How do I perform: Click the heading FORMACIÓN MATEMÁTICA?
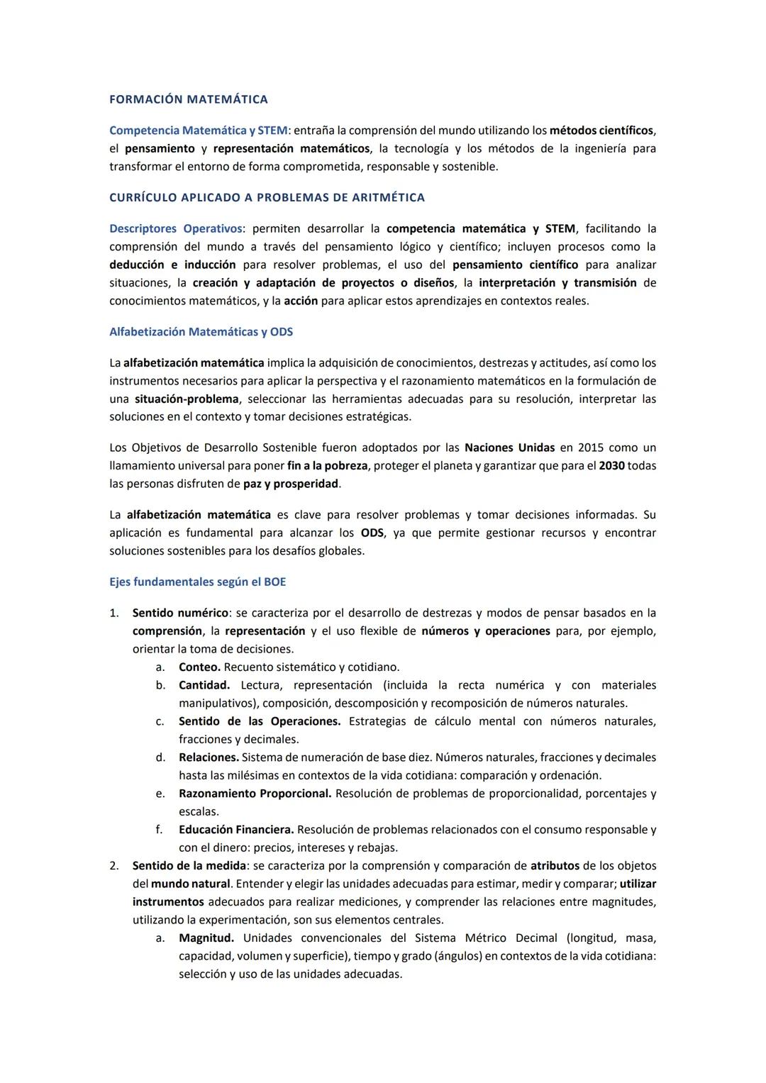188,99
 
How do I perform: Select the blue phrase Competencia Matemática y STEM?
198,130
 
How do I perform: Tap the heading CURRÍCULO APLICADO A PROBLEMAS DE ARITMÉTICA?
267,197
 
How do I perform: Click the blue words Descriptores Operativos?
175,228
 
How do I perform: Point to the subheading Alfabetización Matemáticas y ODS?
201,332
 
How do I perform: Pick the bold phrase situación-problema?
187,399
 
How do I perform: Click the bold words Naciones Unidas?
509,448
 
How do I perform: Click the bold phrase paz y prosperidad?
286,484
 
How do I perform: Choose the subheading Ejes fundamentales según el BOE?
197,582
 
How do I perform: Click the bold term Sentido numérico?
180,613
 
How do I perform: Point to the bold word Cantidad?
204,685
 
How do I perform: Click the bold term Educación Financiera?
236,829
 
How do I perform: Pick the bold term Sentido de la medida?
189,865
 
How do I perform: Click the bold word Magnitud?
206,938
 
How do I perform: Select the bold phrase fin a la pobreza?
328,466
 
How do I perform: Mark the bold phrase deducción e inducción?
172,265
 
